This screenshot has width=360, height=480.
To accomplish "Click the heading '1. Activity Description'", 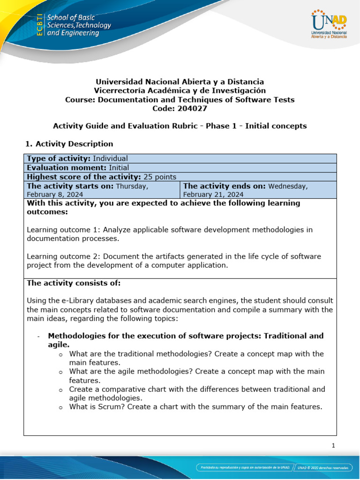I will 70,143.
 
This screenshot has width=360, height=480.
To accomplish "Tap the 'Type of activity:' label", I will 59,158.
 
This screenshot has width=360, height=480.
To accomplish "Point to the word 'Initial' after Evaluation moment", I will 119,167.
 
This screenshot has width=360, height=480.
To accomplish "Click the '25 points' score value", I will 160,177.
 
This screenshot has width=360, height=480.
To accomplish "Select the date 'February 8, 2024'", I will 55,194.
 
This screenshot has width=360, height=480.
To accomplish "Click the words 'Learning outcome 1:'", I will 64,230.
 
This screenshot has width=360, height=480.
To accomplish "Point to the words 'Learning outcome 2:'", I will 64,256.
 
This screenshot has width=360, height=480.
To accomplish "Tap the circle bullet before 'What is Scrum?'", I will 60,407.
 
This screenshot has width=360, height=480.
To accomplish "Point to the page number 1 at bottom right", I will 333,446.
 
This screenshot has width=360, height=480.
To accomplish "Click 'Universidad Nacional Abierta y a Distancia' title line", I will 180,82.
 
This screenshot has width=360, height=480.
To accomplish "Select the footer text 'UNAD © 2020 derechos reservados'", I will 324,467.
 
